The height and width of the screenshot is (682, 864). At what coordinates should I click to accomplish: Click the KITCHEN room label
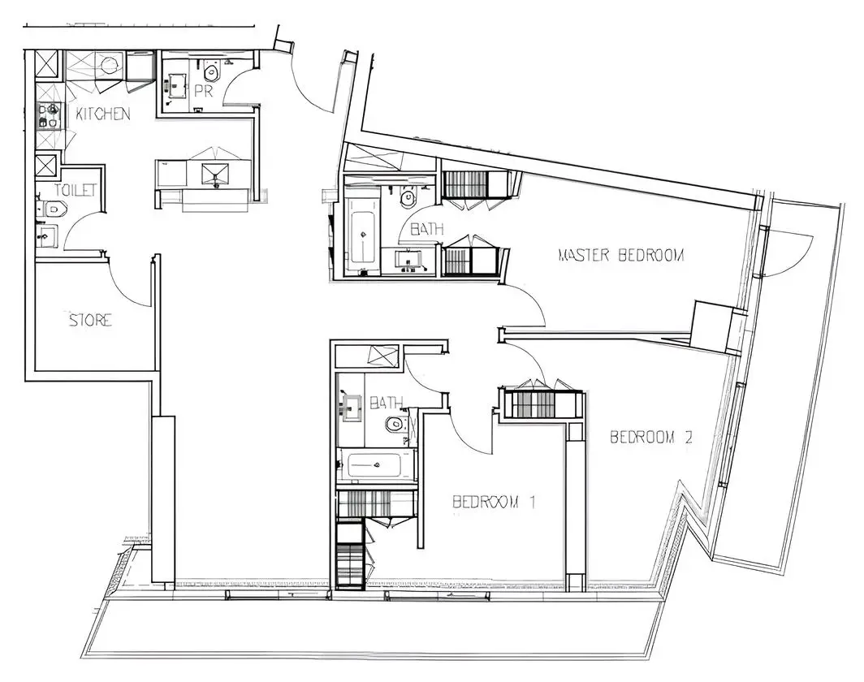coord(103,114)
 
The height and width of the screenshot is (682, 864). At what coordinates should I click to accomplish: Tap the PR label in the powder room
coord(203,91)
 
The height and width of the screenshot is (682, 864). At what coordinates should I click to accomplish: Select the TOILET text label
coord(76,190)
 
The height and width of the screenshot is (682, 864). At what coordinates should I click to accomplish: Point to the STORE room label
coord(90,320)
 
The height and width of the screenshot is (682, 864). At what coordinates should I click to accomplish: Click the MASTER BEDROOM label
coord(621,255)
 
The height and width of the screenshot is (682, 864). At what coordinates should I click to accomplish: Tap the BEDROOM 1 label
coord(494,502)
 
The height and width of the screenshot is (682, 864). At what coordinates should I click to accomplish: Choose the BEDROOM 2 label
coord(651,438)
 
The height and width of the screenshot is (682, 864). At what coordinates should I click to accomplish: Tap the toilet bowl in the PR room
coord(212,71)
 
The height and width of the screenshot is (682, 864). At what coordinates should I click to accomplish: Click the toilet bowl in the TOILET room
coord(54,209)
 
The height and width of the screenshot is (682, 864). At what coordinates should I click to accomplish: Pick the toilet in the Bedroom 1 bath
coord(395,424)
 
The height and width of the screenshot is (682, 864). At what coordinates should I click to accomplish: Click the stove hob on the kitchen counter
coord(48,115)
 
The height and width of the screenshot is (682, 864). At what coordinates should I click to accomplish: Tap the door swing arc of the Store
coord(129,281)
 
